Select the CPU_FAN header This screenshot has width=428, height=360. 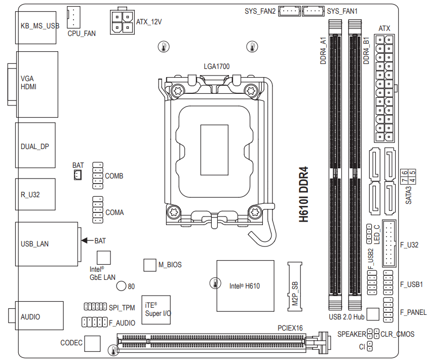(74, 17)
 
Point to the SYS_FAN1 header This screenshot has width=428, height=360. (313, 10)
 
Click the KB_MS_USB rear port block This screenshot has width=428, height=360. (36, 26)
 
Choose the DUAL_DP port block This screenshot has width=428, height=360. (35, 146)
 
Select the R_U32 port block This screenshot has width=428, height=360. (35, 194)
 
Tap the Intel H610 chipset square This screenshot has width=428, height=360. (245, 286)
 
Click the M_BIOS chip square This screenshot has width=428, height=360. (149, 265)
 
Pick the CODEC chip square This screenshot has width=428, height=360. (92, 343)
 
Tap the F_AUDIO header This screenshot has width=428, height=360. (95, 322)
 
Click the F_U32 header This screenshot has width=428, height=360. (390, 244)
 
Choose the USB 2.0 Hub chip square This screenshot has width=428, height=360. (372, 314)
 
